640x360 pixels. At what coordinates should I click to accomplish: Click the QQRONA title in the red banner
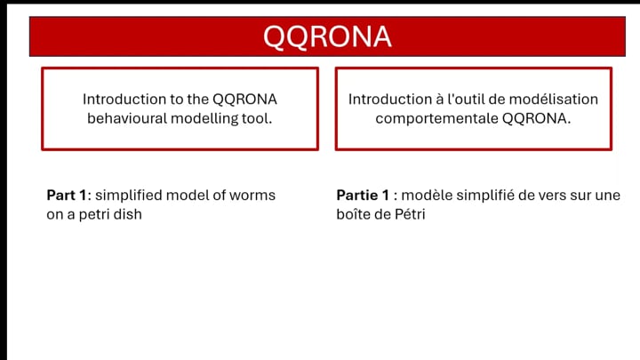[x=327, y=37]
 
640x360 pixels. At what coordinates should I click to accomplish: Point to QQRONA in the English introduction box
[x=245, y=100]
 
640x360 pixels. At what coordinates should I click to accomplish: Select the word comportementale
[x=436, y=119]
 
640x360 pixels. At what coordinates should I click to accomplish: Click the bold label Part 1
[x=67, y=195]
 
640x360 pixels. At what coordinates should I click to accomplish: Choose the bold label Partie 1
[x=363, y=195]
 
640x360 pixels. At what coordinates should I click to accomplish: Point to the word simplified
[x=129, y=196]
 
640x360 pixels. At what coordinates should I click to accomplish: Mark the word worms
[x=252, y=196]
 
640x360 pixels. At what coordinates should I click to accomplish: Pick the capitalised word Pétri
[x=410, y=214]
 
